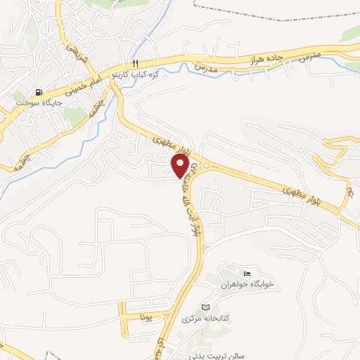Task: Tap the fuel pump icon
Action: point(38,92)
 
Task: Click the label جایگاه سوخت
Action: point(39,103)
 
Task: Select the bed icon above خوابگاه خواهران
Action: point(245,274)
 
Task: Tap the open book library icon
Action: point(205,307)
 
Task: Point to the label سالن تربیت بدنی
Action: point(210,356)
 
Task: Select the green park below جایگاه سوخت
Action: point(75,117)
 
